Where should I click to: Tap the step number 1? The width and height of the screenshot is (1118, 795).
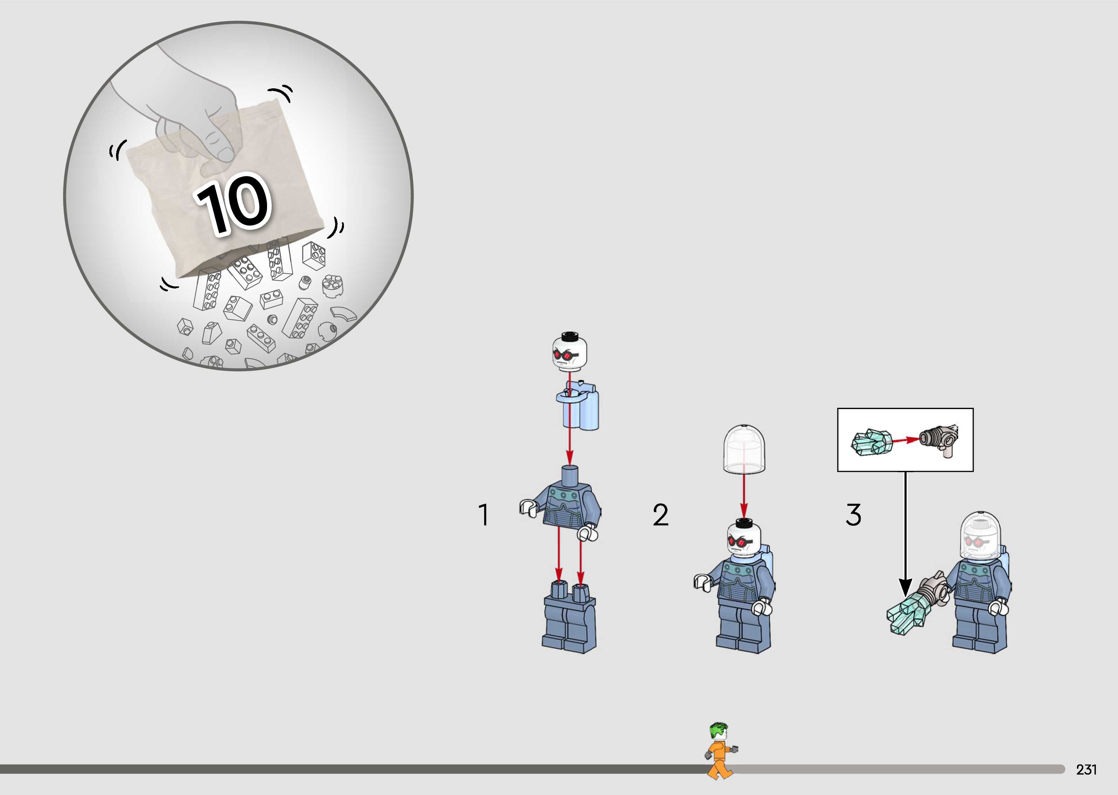coord(483,515)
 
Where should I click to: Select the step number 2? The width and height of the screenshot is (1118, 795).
coord(660,515)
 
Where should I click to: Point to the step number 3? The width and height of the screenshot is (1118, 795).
coord(853,515)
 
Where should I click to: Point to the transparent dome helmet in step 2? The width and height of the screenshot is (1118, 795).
coord(744,449)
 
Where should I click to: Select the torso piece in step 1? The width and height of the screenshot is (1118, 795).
coord(568,504)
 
